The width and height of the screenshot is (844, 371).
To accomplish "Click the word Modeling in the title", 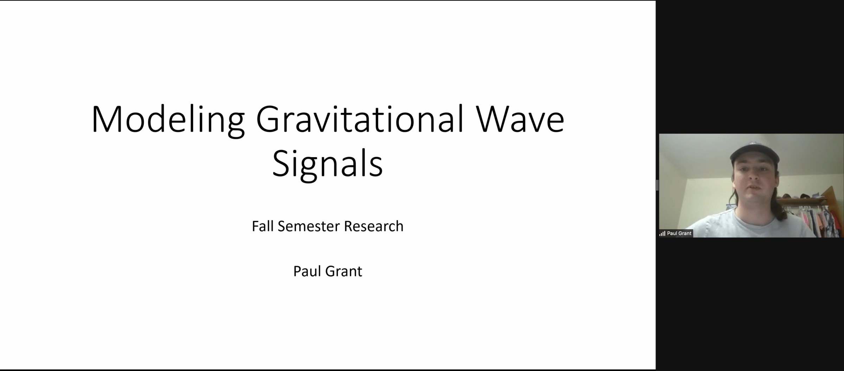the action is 168,120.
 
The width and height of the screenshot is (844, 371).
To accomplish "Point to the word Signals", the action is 327,164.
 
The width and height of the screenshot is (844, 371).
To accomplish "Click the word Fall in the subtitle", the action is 263,226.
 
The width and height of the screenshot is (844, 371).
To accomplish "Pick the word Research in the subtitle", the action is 373,226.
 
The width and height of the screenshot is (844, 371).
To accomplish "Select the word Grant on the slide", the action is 344,271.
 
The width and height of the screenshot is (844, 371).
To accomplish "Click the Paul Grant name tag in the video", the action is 676,233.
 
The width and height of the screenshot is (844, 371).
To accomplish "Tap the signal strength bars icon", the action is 662,234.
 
